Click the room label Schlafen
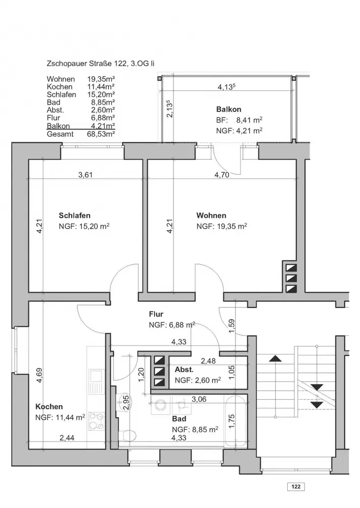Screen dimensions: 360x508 [74, 215]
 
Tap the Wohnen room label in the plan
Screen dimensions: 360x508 [211, 215]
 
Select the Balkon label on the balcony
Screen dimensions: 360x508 [229, 109]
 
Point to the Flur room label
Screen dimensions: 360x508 [156, 314]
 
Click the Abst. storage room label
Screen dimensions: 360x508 [184, 369]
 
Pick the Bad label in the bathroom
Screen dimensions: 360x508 [179, 419]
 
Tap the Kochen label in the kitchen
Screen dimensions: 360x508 [49, 406]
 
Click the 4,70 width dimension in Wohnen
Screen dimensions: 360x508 [222, 175]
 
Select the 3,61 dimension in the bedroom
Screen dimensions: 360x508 [85, 175]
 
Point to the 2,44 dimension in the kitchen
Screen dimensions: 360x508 [67, 438]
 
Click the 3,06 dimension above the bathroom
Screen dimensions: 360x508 [199, 399]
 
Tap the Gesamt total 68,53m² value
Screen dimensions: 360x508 [101, 134]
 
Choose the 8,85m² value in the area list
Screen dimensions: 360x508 [103, 103]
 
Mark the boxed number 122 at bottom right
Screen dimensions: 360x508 [296, 486]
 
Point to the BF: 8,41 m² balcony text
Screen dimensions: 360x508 [239, 120]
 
